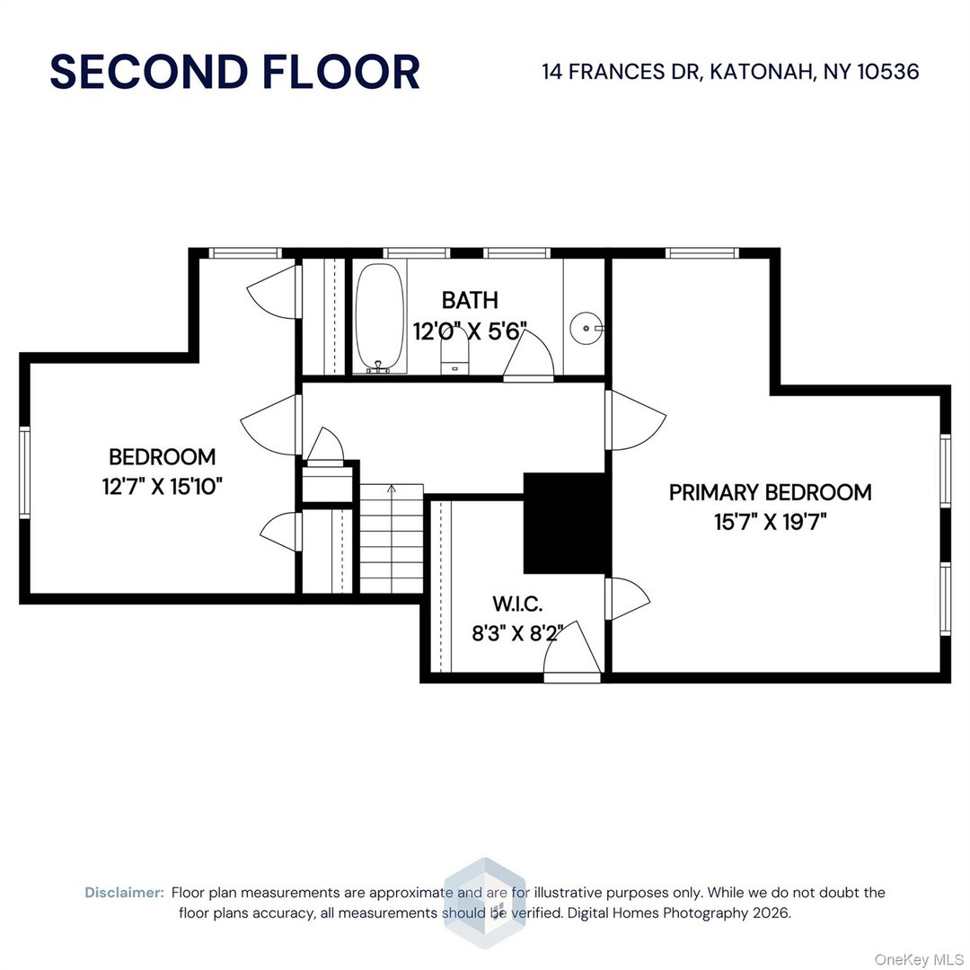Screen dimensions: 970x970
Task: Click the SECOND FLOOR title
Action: [x=234, y=72]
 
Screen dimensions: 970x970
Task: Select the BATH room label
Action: [x=469, y=300]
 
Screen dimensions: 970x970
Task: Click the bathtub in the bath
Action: [x=379, y=317]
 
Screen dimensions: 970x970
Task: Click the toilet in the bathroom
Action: [x=454, y=352]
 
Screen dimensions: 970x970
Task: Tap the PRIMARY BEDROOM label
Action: [x=770, y=492]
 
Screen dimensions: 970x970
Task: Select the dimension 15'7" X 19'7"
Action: [x=770, y=522]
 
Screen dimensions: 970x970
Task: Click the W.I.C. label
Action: [x=516, y=603]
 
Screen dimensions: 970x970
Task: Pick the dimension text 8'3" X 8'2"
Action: [x=516, y=632]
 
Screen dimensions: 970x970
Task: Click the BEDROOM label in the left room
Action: [x=162, y=457]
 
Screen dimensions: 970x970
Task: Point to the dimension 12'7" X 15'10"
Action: [x=162, y=487]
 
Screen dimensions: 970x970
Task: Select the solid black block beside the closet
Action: [x=565, y=523]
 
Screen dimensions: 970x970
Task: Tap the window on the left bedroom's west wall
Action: [x=25, y=472]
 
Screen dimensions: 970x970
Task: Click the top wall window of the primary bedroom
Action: [x=702, y=253]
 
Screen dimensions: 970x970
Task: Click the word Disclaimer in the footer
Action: [x=124, y=893]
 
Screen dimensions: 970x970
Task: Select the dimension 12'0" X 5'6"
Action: [x=469, y=330]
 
